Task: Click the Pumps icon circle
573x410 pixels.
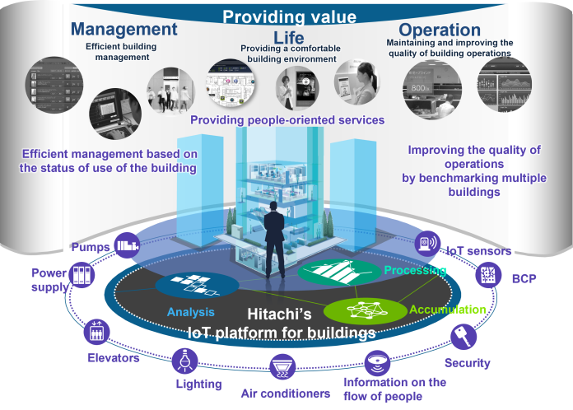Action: (x=127, y=245)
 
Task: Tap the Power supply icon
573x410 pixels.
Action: (x=82, y=275)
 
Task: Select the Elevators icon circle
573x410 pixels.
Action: (x=96, y=332)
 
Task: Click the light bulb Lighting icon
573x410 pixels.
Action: (x=185, y=361)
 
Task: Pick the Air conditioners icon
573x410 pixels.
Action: (x=282, y=367)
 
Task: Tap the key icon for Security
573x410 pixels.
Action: (x=464, y=337)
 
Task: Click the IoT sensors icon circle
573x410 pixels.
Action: (x=427, y=244)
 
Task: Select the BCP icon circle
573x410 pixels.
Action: (x=488, y=275)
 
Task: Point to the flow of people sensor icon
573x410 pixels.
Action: (x=377, y=363)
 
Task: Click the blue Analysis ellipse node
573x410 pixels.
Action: (x=198, y=286)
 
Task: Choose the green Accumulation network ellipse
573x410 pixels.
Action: (x=366, y=311)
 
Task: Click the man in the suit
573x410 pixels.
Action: (x=274, y=240)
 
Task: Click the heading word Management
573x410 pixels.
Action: (x=123, y=30)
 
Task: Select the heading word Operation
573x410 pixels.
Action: (x=440, y=30)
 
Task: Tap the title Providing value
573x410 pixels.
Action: (x=290, y=16)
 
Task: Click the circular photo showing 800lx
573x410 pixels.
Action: (x=432, y=90)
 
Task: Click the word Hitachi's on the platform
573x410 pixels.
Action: (x=280, y=314)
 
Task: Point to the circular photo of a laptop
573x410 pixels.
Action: (x=115, y=114)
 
